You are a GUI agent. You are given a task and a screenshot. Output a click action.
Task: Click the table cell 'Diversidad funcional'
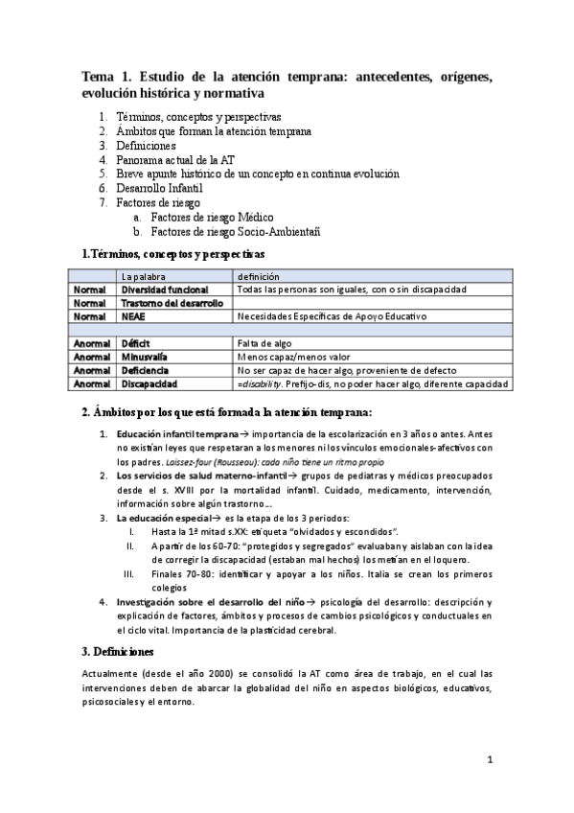click(164, 290)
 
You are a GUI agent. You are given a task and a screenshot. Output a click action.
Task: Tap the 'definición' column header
click(265, 276)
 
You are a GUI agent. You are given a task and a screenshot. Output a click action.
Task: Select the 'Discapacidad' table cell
click(149, 383)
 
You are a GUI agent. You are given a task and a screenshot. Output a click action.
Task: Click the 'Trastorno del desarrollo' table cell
click(172, 303)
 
